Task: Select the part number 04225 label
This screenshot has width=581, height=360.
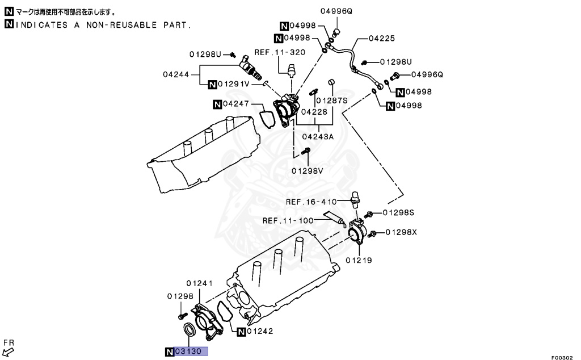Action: (x=381, y=39)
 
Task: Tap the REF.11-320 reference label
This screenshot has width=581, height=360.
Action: (x=280, y=52)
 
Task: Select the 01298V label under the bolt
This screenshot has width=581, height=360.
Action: (x=307, y=170)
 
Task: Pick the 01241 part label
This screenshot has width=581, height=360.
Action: (x=199, y=283)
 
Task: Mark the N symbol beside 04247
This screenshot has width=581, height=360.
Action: (x=217, y=104)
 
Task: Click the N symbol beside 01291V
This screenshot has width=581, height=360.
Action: (x=212, y=84)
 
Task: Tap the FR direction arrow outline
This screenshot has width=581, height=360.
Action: (x=7, y=352)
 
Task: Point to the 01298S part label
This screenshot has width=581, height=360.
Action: (x=398, y=212)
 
